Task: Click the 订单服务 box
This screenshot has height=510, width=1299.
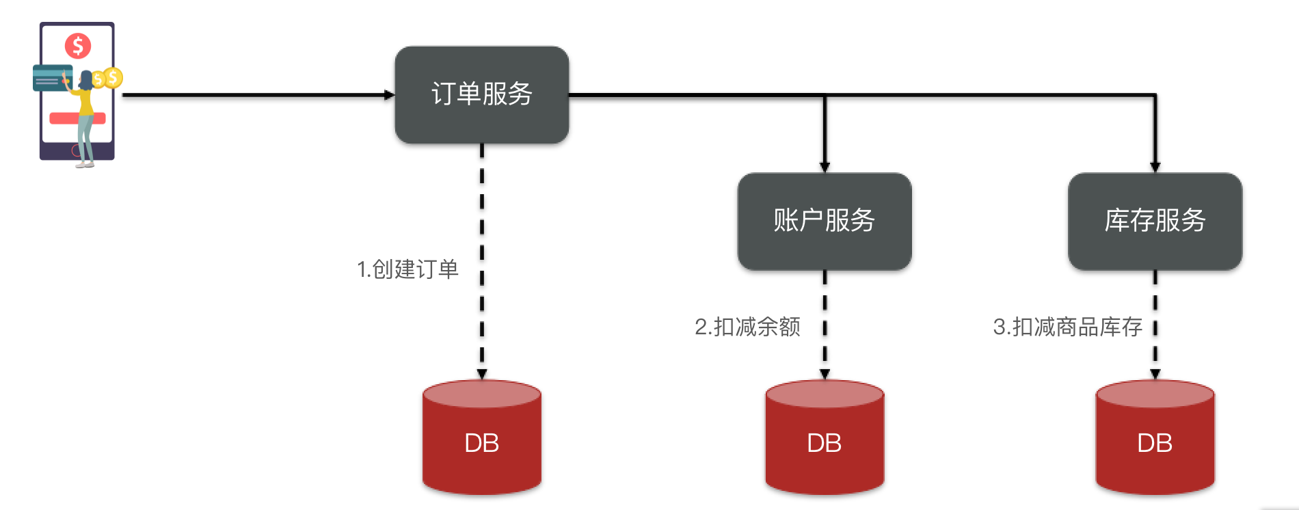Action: coord(481,94)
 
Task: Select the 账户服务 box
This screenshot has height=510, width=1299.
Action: coord(824,221)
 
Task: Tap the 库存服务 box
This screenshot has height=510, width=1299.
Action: coord(1155,221)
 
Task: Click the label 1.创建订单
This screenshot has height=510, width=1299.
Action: coord(407,269)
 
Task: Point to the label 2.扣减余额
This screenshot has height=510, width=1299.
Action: coord(747,327)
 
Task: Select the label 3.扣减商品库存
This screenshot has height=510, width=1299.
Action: coord(1067,327)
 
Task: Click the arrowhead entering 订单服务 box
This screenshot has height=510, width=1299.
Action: coord(390,95)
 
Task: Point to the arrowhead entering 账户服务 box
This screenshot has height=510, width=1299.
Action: coord(825,167)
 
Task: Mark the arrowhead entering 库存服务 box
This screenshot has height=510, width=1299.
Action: coord(1155,167)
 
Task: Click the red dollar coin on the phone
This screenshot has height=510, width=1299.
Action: coord(78,46)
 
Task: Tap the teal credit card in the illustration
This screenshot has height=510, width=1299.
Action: coord(50,78)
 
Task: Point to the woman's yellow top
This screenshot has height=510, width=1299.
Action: coord(86,103)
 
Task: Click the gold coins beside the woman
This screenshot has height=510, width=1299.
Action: coord(109,78)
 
